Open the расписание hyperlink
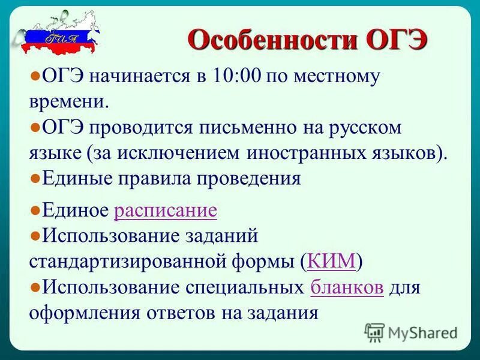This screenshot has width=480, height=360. click(x=165, y=211)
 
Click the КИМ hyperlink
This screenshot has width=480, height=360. click(x=332, y=262)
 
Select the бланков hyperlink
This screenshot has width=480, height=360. click(x=347, y=287)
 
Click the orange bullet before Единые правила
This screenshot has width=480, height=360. click(x=35, y=178)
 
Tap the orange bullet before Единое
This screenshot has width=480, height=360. click(x=35, y=210)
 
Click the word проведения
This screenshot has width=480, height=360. click(x=247, y=179)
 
